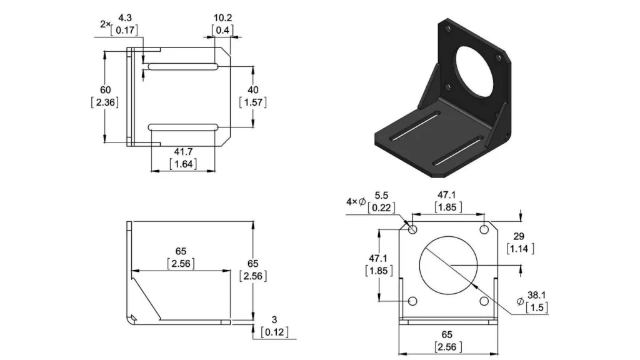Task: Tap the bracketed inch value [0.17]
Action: tap(124, 30)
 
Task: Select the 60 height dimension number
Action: tap(105, 89)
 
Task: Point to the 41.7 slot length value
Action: tap(183, 152)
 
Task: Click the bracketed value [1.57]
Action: tap(253, 102)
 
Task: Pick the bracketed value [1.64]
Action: tap(183, 164)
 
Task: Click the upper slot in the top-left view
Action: tap(182, 67)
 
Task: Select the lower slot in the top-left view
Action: tap(182, 127)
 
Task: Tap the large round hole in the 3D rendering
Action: tap(478, 69)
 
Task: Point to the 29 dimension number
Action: tap(519, 236)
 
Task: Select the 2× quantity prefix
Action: tap(104, 24)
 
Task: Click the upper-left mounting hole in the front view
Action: tap(413, 230)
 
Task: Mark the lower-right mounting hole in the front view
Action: tap(484, 301)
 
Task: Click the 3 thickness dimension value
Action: tap(274, 320)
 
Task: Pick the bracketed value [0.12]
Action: tap(274, 332)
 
